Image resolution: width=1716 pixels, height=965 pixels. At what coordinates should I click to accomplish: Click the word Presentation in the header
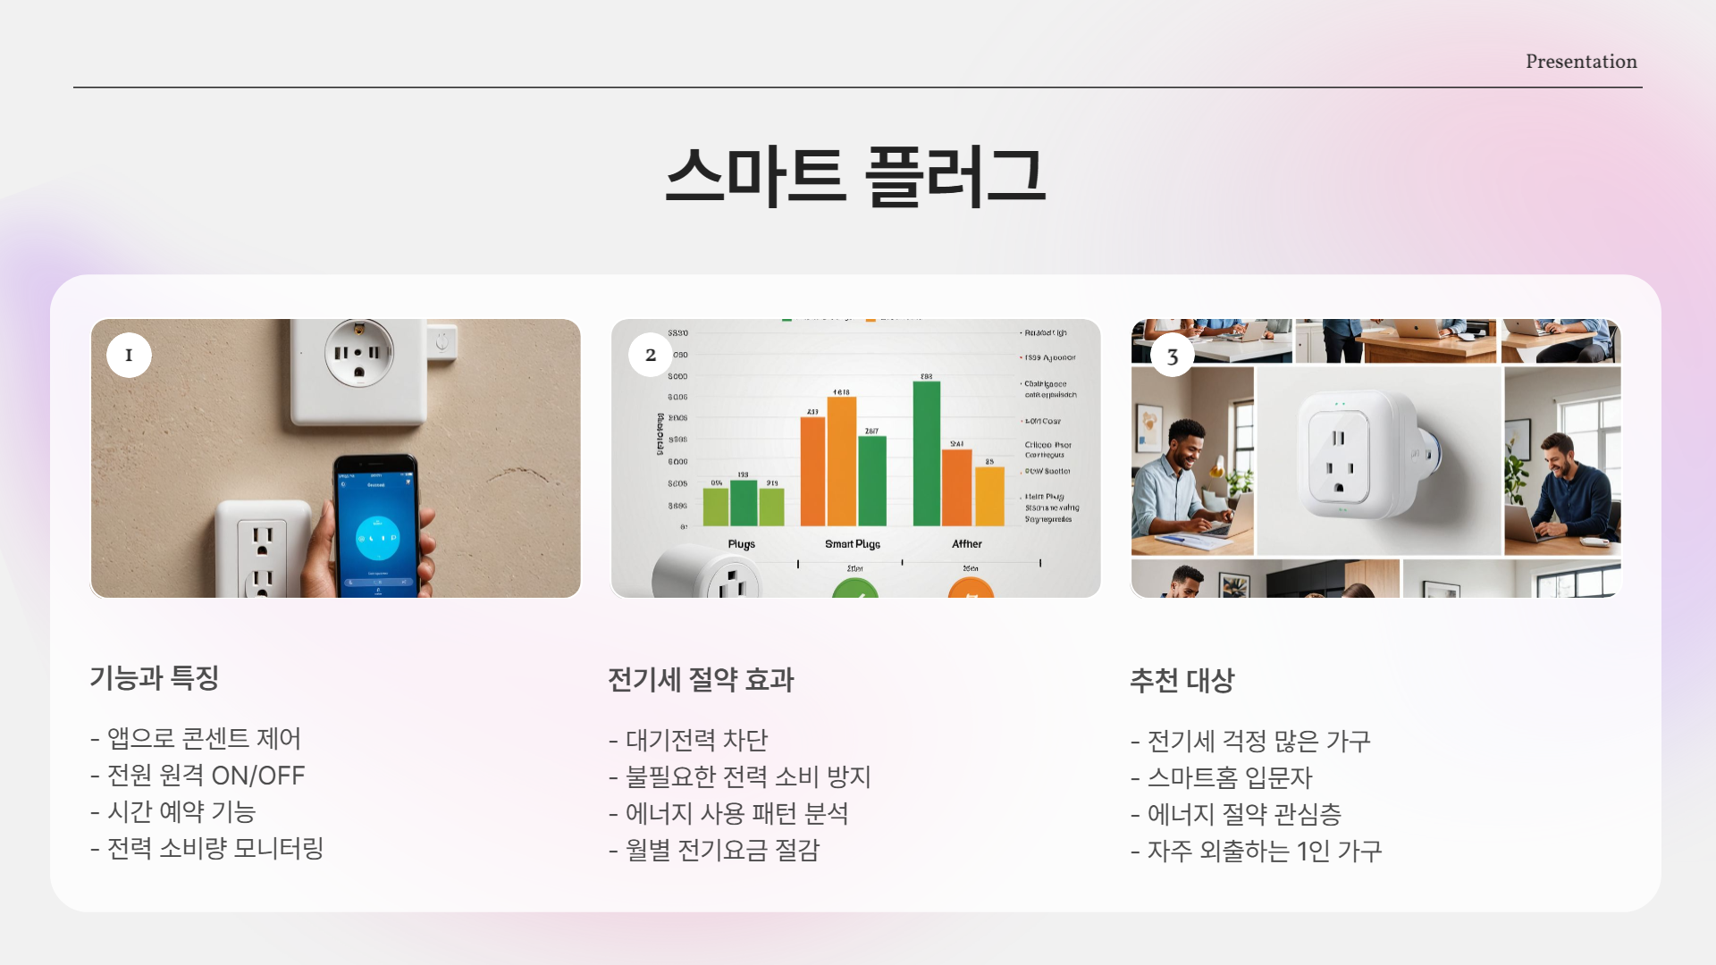point(1581,62)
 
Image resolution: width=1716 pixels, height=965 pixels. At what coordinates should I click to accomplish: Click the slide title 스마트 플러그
point(855,176)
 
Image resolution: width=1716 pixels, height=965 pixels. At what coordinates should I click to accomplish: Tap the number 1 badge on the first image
point(129,355)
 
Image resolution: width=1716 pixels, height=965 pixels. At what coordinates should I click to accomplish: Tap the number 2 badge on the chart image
point(651,355)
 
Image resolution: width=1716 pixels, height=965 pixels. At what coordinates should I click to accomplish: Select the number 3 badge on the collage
point(1173,357)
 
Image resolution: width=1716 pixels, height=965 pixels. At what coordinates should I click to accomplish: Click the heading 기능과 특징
point(155,678)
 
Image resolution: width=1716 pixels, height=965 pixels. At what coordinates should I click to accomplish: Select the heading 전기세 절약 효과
point(701,680)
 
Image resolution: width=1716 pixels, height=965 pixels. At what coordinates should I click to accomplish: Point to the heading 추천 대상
point(1182,681)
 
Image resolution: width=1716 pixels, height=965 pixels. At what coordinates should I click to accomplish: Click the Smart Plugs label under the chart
point(853,544)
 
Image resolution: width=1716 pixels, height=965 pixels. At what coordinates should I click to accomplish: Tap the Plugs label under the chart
point(741,544)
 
